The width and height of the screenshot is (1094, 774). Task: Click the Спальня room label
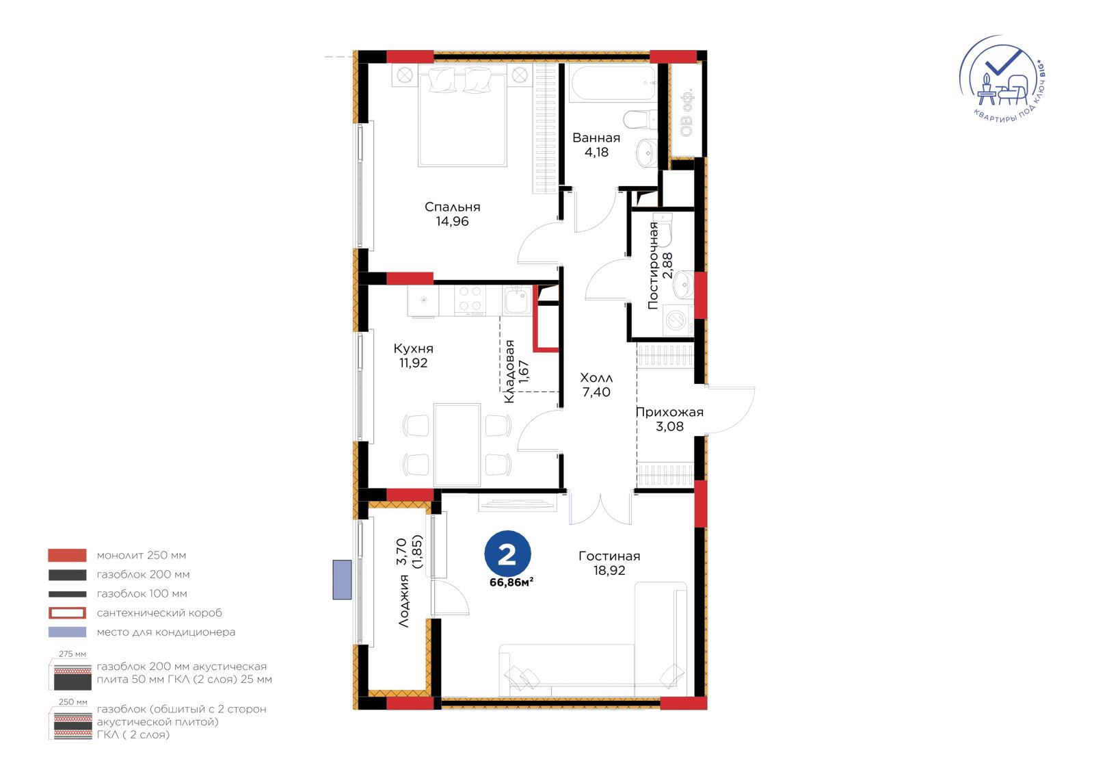pos(452,207)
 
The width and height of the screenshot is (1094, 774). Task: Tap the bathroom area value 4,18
pos(596,152)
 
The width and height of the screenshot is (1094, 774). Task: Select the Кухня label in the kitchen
pos(413,348)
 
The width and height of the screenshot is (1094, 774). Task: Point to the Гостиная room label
pos(609,556)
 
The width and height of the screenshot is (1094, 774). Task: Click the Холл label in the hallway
pos(596,378)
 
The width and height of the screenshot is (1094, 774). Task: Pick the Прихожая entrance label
pos(669,412)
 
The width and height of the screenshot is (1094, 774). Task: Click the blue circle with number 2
pos(507,554)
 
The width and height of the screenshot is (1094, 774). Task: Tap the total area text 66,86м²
pos(511,582)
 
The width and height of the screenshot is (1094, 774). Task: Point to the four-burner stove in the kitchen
pos(470,300)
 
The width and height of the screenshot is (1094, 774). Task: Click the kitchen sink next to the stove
pos(517,300)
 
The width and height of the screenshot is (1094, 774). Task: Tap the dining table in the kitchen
pos(457,444)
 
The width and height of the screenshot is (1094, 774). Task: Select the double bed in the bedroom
pos(462,116)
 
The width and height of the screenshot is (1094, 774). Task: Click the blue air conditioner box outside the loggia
pos(342,580)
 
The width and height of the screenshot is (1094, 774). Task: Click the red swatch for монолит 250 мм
pos(68,556)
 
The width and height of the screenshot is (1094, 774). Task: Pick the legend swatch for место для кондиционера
pos(68,632)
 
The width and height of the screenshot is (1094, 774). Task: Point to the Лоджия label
pos(403,601)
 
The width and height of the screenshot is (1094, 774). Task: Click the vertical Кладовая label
pos(509,372)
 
